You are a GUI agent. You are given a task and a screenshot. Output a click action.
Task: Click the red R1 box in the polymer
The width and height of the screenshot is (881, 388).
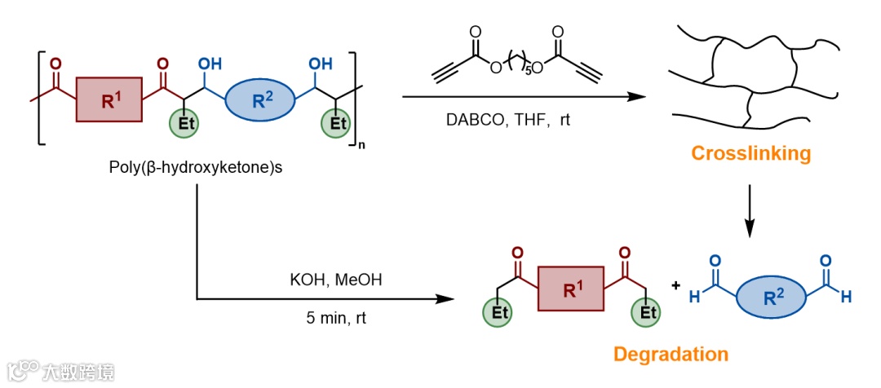tap(109, 100)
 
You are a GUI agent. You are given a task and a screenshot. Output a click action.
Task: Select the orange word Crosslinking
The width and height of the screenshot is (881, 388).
tap(751, 152)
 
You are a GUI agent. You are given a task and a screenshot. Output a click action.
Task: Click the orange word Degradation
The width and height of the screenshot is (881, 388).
tap(671, 354)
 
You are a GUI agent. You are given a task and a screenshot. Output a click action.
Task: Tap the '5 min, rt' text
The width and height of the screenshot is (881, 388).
tap(337, 318)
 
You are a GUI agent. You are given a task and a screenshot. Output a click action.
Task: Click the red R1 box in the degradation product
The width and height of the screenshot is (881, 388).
tap(570, 289)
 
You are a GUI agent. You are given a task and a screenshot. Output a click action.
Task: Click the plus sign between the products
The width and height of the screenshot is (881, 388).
tap(675, 286)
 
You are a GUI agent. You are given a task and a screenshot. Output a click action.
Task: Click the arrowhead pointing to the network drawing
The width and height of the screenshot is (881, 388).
tap(632, 98)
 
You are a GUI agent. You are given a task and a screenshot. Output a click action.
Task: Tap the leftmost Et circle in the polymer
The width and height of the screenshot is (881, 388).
tap(183, 124)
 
